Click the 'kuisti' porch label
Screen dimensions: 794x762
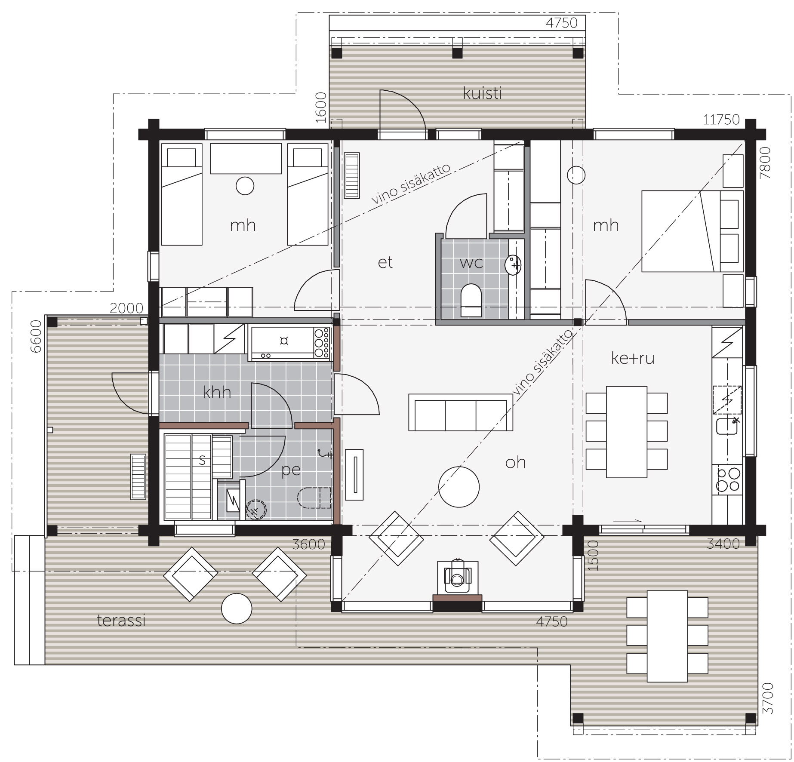(x=482, y=93)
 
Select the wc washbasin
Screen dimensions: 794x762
(x=513, y=264)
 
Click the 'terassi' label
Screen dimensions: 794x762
(x=121, y=621)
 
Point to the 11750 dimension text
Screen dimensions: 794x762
(x=721, y=120)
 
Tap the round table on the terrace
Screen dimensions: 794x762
(x=237, y=608)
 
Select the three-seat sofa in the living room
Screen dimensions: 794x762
(x=461, y=412)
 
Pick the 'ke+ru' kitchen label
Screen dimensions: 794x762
(x=633, y=358)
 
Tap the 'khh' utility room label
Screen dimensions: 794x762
(x=217, y=392)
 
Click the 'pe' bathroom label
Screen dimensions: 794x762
(x=291, y=470)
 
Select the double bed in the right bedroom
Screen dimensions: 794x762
(x=692, y=231)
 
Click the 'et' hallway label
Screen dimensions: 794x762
(x=385, y=262)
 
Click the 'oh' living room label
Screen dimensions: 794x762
(x=515, y=462)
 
